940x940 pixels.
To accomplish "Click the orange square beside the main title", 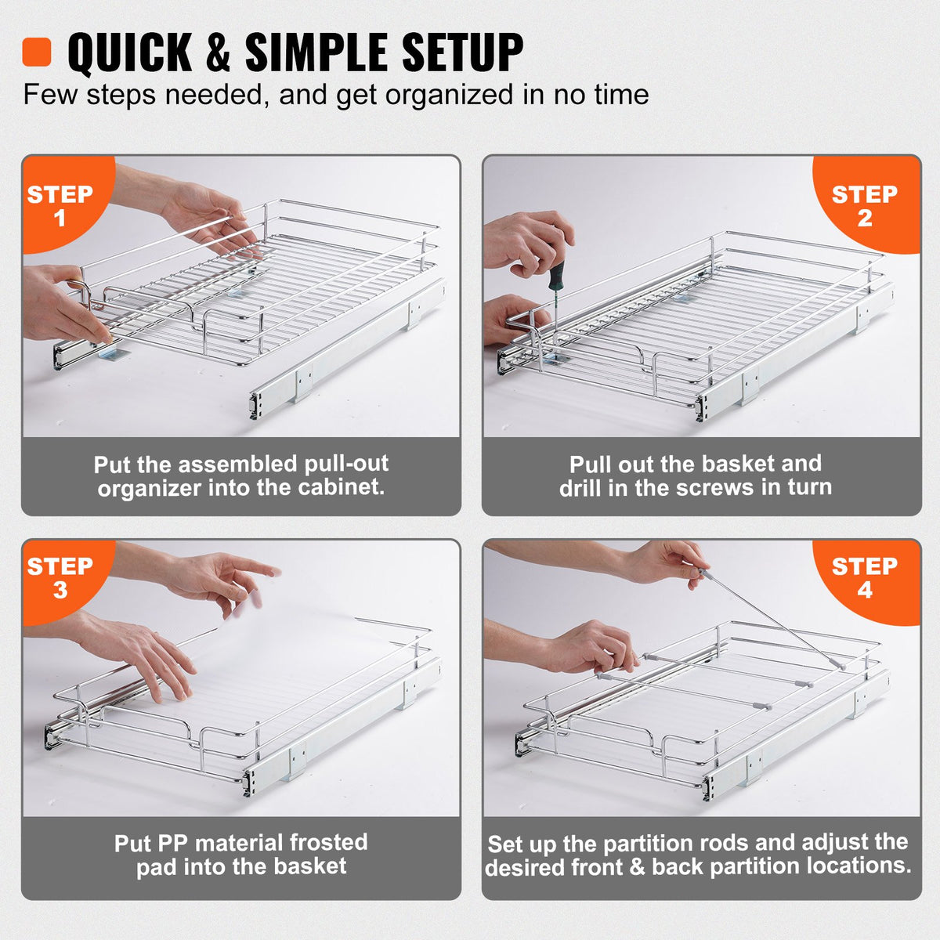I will (37, 52).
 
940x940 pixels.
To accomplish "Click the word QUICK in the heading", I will (130, 53).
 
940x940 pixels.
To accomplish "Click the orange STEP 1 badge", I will (61, 204).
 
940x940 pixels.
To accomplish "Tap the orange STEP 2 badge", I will (865, 204).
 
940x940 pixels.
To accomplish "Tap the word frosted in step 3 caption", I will (327, 842).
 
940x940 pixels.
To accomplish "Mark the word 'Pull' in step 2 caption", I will (591, 464).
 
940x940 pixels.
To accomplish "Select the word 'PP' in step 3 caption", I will (172, 843).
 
